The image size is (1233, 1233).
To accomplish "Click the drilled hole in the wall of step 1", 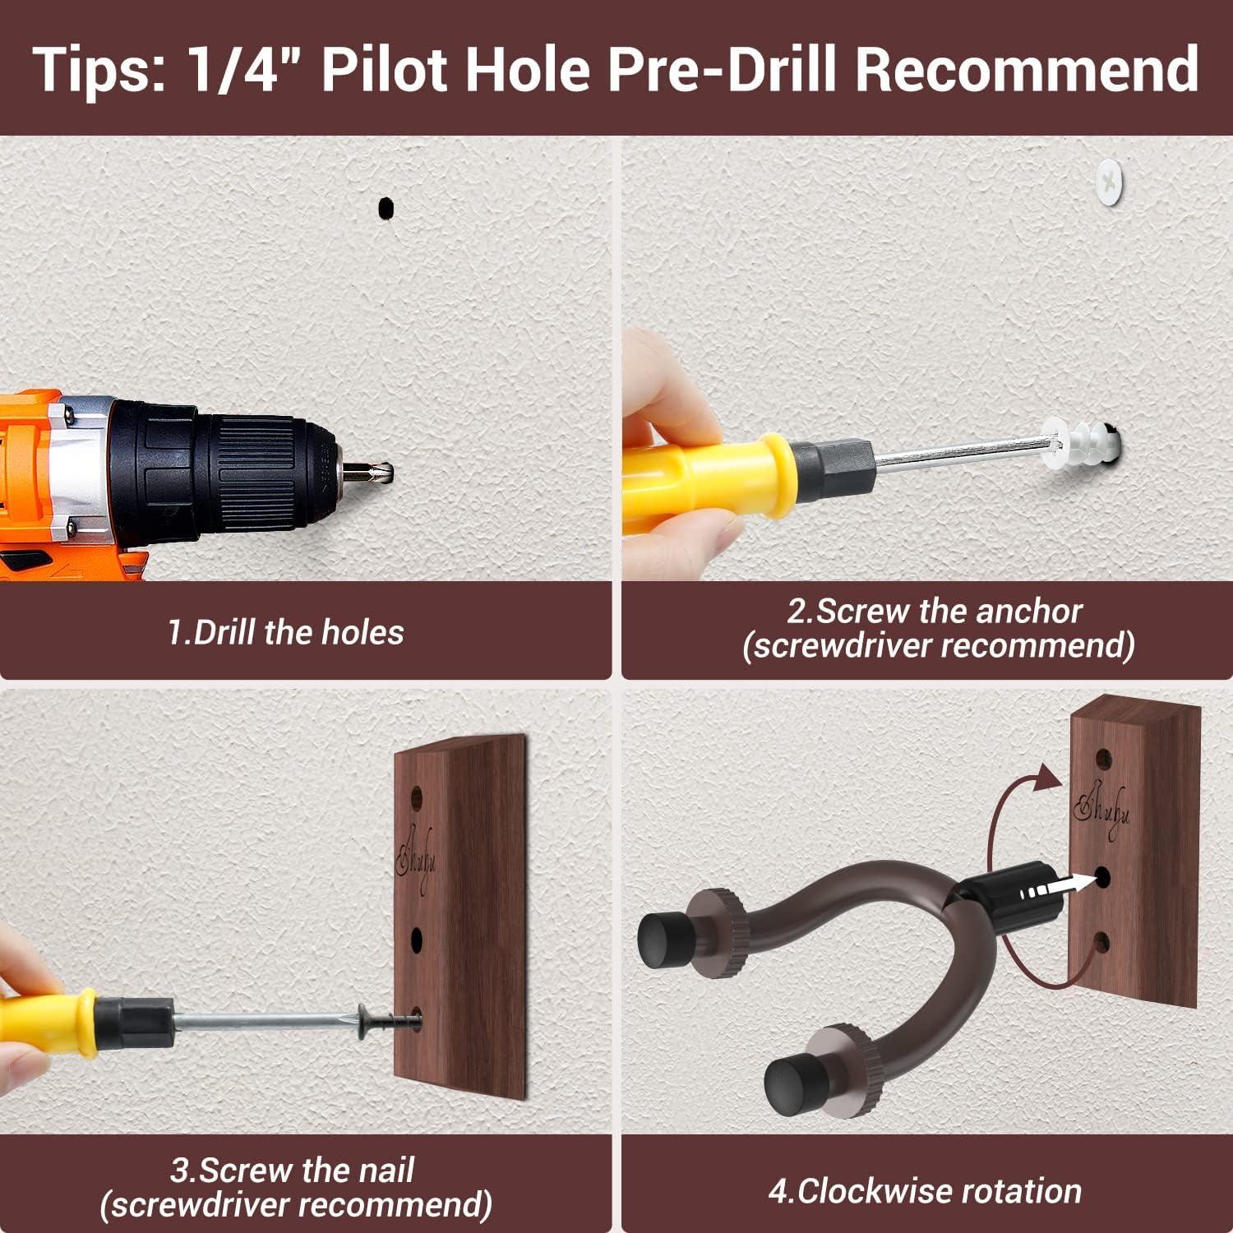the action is coord(385,209).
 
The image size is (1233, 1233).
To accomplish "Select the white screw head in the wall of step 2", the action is coord(1111,182).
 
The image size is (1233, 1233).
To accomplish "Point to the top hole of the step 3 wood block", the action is coord(416,796).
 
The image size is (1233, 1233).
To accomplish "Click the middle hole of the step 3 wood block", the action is coord(417,938).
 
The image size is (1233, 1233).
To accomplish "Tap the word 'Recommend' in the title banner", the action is coord(1027,68).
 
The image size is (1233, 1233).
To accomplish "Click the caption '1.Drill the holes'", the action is coord(285,632).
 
